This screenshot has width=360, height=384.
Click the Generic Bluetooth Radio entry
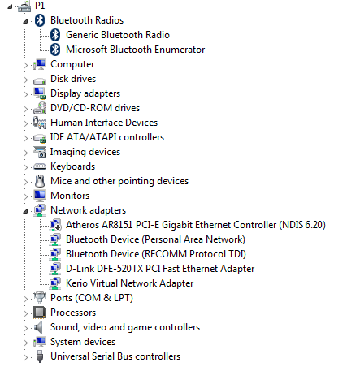(118, 35)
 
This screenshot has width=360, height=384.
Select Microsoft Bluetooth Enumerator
(135, 50)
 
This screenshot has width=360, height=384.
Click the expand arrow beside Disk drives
(25, 80)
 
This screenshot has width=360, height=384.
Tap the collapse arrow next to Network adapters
(25, 211)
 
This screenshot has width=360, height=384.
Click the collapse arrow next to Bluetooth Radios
(25, 21)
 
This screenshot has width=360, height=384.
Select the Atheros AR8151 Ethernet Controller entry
(196, 225)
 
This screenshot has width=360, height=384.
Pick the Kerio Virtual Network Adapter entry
(129, 283)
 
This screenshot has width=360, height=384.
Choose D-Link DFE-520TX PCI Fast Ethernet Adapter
(160, 269)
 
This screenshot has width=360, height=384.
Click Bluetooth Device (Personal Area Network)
(155, 239)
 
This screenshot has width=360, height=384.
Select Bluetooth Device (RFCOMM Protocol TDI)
(156, 254)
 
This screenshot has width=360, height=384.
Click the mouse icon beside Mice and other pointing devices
(40, 181)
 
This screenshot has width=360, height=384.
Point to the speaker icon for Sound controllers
(39, 327)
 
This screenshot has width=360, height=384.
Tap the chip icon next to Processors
(40, 313)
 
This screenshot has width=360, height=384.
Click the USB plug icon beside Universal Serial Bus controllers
(40, 356)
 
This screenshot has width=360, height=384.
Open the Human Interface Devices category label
(104, 123)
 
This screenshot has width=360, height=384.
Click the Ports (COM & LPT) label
(92, 298)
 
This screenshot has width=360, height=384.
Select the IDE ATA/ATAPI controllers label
(107, 137)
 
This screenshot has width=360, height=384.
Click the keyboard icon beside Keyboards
(40, 166)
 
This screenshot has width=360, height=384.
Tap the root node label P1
(40, 6)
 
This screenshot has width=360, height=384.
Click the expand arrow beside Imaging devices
(25, 153)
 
